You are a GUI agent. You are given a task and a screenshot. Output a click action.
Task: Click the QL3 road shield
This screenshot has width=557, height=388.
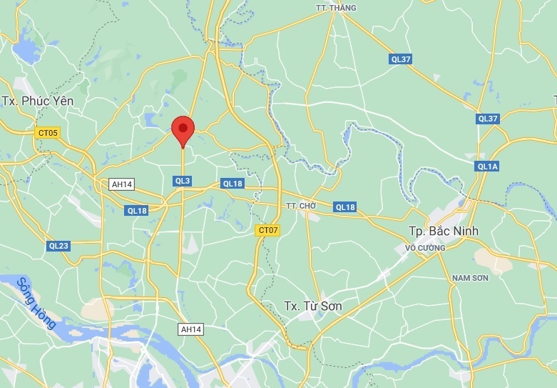(183, 181)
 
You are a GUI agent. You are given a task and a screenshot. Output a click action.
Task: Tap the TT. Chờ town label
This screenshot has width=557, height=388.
(300, 206)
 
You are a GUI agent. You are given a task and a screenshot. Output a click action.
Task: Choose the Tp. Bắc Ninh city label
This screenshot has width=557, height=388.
(444, 231)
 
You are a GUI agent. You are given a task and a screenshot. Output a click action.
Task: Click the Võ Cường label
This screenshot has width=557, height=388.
(425, 248)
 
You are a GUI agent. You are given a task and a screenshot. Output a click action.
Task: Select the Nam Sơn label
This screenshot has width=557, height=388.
(470, 277)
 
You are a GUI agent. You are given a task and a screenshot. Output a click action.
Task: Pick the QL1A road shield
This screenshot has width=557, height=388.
(488, 166)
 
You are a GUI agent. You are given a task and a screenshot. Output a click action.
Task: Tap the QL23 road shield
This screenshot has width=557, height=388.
(58, 246)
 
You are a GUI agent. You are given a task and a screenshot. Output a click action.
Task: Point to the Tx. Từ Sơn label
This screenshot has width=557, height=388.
(312, 306)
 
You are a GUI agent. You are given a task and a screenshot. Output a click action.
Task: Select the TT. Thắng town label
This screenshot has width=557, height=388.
(336, 9)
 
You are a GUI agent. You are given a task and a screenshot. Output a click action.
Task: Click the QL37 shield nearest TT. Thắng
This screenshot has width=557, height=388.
(401, 59)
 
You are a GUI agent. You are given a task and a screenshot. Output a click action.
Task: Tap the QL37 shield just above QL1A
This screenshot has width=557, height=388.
(488, 119)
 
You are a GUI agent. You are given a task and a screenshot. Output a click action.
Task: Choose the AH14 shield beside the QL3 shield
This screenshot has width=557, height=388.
(122, 184)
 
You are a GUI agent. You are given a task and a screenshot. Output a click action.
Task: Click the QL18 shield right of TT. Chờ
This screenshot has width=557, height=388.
(345, 207)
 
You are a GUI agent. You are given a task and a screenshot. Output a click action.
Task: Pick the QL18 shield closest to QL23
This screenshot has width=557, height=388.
(137, 210)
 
